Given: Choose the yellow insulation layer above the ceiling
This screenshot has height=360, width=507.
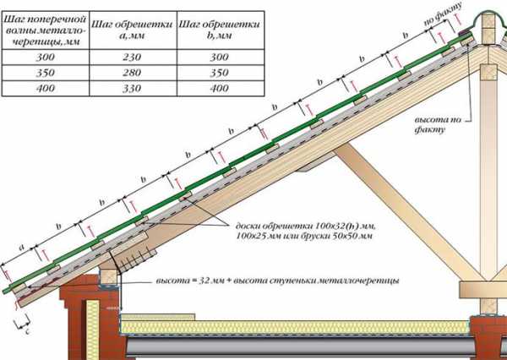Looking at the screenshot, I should tap(296, 325).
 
